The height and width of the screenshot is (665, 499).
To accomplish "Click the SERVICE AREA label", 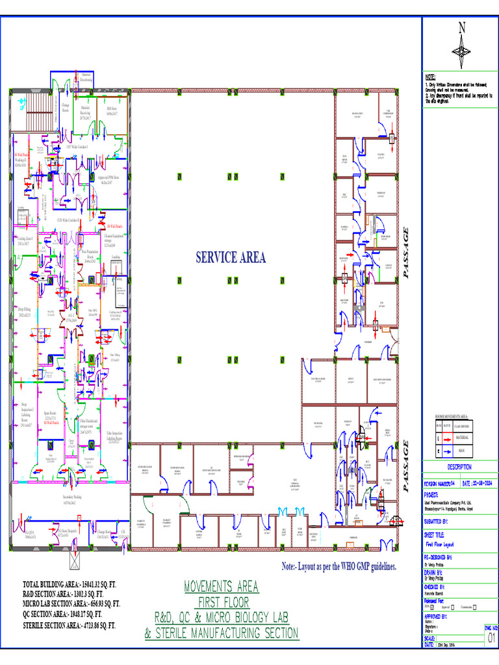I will (231, 258).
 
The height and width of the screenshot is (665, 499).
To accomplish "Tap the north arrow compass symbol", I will (462, 47).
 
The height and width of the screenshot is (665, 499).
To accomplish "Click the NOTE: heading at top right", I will (430, 77).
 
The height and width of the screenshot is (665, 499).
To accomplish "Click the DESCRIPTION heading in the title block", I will (460, 467).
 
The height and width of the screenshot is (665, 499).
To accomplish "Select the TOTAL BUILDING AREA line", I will (66, 586).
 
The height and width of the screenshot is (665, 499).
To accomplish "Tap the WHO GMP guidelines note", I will (339, 567).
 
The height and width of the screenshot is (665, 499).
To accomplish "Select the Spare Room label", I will (51, 415).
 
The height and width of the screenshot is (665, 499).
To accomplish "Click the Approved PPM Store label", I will (109, 178).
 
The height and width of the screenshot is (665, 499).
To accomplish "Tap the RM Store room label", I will (112, 111).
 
